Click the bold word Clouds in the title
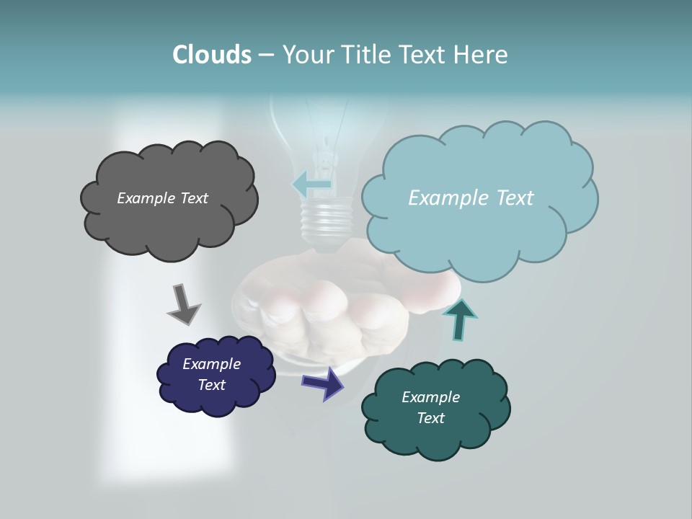pos(211,55)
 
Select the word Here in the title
pos(482,55)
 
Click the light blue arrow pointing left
pos(311,185)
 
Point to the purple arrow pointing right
pos(324,383)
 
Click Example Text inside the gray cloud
pos(162,198)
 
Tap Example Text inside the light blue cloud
pos(471,198)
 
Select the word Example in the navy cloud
pos(211,364)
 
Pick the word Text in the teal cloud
pos(430,418)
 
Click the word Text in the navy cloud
pos(211,385)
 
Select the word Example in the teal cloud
pos(430,397)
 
